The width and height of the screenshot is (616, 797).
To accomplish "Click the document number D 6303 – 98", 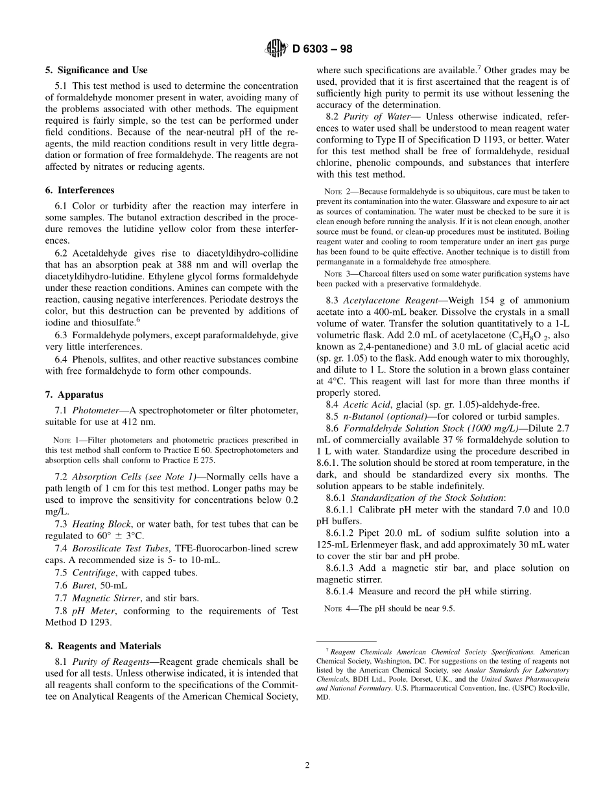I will (x=322, y=49).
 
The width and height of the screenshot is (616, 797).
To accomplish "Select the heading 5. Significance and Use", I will (x=96, y=70).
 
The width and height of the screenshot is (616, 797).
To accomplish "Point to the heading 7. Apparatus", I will (x=74, y=395).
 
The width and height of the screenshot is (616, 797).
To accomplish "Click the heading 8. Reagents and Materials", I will (x=103, y=646).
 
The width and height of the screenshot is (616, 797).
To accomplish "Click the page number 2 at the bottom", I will (x=307, y=765).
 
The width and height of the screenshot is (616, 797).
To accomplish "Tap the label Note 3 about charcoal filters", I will (x=337, y=273).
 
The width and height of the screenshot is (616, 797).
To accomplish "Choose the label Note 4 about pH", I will (x=337, y=608).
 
